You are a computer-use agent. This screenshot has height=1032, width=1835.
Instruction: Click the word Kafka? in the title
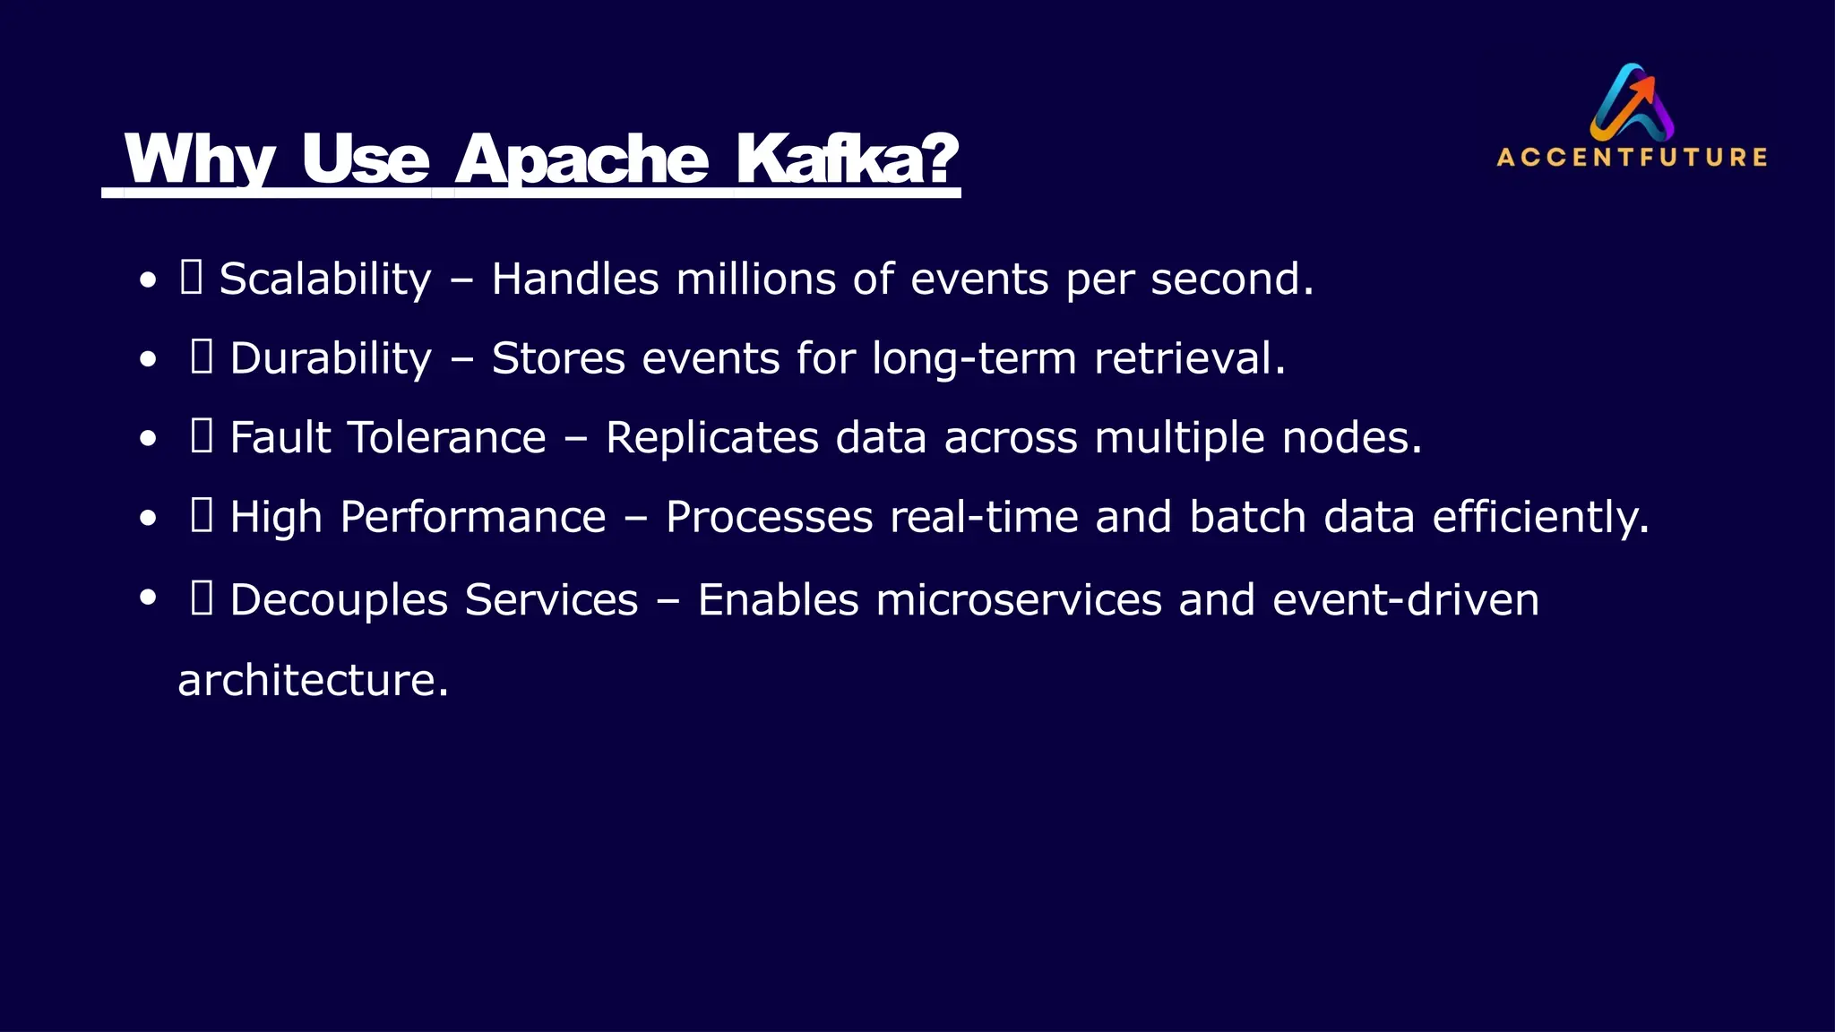point(847,159)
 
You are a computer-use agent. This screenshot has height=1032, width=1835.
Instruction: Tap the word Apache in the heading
point(582,159)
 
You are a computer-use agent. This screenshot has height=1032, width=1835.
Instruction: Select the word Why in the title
point(199,159)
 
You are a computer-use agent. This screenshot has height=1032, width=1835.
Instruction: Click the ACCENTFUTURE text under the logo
point(1632,158)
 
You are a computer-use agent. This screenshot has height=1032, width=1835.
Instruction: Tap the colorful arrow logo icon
point(1633,101)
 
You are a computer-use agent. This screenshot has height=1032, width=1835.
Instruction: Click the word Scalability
point(325,279)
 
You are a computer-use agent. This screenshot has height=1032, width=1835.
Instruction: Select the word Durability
point(331,358)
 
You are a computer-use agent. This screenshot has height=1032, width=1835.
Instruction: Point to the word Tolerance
point(446,437)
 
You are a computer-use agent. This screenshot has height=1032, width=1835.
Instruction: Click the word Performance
point(473,517)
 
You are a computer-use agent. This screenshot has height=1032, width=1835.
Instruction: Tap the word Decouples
point(339,599)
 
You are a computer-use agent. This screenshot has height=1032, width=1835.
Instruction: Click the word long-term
point(974,358)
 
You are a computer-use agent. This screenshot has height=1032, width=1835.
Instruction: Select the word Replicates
point(711,437)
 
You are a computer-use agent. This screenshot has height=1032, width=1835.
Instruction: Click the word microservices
point(1019,599)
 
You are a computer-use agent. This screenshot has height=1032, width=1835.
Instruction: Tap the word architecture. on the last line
point(313,680)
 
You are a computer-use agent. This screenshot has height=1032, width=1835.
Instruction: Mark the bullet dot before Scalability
point(149,280)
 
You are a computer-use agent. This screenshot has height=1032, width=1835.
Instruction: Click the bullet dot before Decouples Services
point(149,598)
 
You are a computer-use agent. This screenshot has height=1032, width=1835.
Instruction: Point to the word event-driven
point(1406,599)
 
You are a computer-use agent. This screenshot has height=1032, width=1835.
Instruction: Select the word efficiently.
point(1540,517)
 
